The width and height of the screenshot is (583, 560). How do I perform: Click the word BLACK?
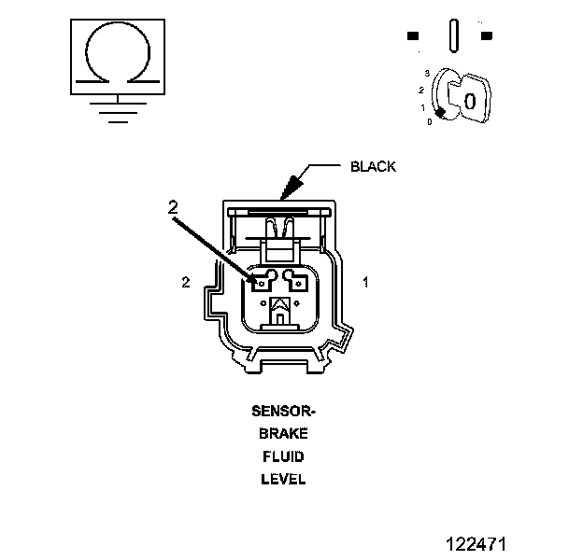[x=373, y=167]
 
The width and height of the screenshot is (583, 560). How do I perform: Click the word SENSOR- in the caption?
[x=283, y=412]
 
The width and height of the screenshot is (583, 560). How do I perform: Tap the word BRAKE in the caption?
[x=283, y=434]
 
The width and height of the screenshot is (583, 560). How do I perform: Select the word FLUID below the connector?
[x=283, y=456]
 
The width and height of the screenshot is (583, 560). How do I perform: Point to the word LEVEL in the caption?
[x=283, y=479]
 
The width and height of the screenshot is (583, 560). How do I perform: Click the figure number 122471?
[x=476, y=544]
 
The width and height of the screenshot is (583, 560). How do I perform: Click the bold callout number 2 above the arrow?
[x=173, y=207]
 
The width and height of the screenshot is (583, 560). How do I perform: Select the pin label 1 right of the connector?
[x=366, y=282]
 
